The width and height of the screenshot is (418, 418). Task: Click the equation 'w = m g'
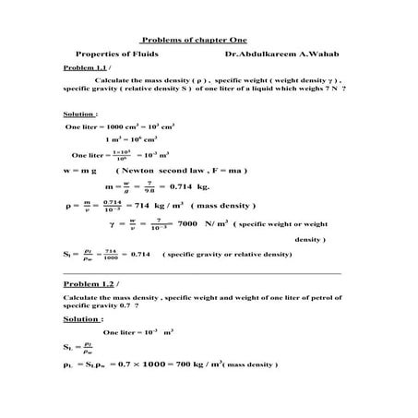click(79, 171)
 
